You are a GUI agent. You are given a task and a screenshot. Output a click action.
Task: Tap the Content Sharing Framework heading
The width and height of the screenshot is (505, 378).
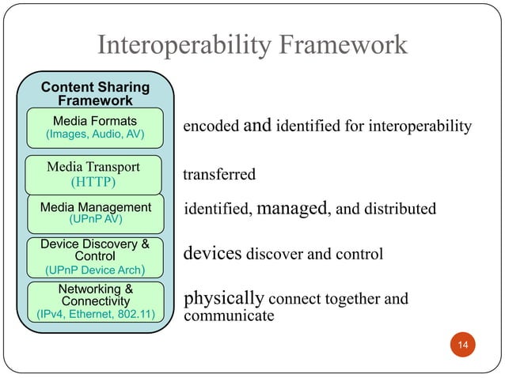tap(95, 93)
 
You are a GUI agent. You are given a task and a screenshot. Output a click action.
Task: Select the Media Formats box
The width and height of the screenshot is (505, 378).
tap(94, 128)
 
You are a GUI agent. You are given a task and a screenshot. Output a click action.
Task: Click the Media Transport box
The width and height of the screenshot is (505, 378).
tap(93, 175)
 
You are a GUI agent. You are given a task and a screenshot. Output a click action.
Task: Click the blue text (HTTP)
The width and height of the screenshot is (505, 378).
tap(93, 183)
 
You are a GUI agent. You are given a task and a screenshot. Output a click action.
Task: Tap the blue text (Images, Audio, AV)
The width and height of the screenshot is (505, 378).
tap(94, 135)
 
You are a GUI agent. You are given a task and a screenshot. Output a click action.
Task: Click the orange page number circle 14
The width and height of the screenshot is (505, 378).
tap(462, 345)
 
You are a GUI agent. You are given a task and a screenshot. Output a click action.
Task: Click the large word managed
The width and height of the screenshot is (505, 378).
tap(292, 208)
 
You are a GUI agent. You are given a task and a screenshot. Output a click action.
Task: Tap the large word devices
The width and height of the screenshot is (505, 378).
tap(212, 254)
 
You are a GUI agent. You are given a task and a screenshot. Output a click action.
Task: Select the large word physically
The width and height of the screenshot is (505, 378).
tap(224, 299)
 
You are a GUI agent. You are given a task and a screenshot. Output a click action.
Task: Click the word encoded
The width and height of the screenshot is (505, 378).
tap(211, 127)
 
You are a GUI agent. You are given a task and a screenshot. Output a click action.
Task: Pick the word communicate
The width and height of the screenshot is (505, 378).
tap(229, 316)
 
